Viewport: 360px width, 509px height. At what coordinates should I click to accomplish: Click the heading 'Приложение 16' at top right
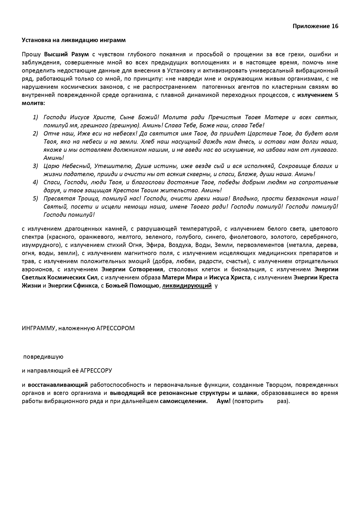[315, 26]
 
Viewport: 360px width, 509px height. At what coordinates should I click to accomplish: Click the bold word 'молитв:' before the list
[33, 103]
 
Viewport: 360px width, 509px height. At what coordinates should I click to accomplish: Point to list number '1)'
[35, 117]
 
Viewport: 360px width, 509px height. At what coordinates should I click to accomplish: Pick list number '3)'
[35, 166]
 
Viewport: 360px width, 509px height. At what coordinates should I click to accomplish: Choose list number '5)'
[35, 198]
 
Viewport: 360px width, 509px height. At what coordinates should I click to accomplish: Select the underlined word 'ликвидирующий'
[187, 286]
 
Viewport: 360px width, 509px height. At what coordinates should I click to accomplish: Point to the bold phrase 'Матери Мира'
[182, 277]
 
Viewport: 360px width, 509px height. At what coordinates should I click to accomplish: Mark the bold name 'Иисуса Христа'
[230, 277]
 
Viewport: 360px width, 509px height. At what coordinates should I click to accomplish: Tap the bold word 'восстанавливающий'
[58, 385]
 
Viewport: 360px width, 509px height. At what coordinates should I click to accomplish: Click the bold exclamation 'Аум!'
[224, 401]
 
